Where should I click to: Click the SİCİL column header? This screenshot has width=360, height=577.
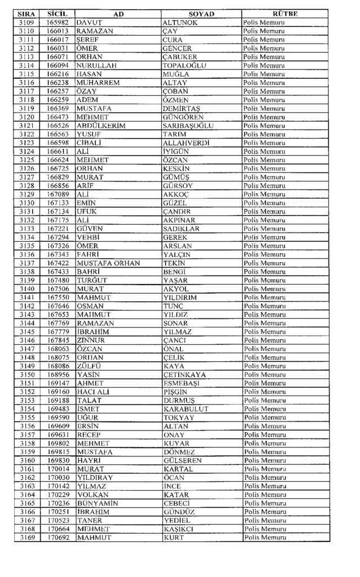[57, 13]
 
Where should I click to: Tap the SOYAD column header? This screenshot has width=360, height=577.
[201, 13]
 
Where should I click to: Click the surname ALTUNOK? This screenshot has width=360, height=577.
[180, 22]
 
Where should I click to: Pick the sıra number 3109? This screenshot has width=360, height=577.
[26, 22]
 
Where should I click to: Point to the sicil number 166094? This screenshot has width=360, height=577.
[58, 65]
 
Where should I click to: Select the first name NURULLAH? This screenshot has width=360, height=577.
[96, 65]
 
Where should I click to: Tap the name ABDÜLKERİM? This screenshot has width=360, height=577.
[101, 125]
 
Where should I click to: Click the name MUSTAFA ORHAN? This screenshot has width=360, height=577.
[109, 263]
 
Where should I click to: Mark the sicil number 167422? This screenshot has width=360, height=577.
[58, 263]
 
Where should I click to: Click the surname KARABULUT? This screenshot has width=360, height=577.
[185, 409]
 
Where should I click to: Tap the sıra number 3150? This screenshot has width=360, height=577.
[26, 374]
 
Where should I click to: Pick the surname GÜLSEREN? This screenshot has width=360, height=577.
[183, 460]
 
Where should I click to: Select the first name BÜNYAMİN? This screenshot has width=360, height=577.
[97, 503]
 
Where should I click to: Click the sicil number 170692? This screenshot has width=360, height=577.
[58, 538]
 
